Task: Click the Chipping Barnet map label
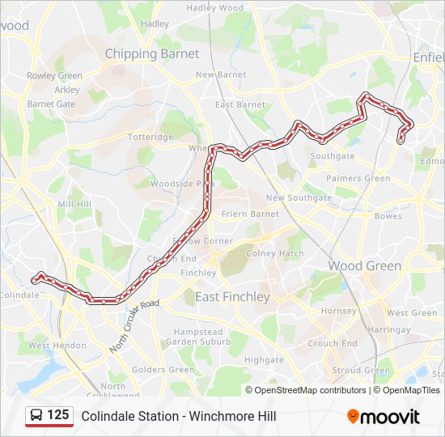[x=151, y=53]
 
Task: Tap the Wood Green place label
[x=364, y=265]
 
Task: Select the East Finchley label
[x=232, y=297]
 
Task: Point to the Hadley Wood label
[x=214, y=7]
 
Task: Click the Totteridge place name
[x=150, y=137]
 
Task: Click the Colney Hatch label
[x=275, y=253]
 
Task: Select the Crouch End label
[x=333, y=343]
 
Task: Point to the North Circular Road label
[x=135, y=326]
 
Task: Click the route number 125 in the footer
[x=57, y=415]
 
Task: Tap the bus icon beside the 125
[x=37, y=416]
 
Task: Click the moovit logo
[x=384, y=417]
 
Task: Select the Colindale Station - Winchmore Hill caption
[x=178, y=416]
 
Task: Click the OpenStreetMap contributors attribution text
[x=310, y=390]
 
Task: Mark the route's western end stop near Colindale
[x=35, y=279]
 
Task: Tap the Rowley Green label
[x=54, y=76]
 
